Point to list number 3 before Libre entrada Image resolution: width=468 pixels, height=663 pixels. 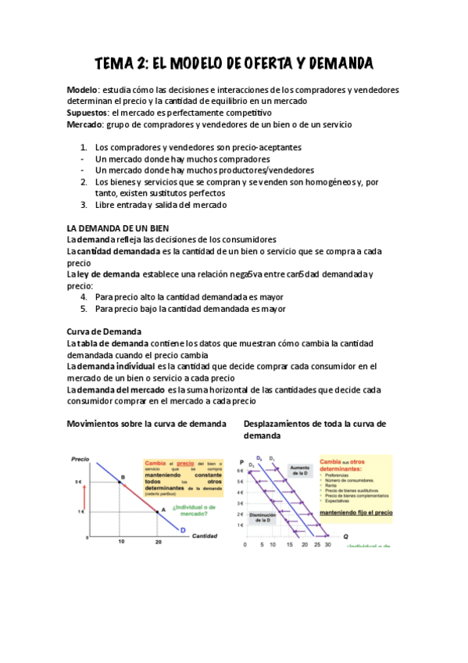pos(83,205)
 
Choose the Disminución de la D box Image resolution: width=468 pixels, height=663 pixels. pos(261,518)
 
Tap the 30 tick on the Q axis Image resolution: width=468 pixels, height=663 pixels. pos(327,544)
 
